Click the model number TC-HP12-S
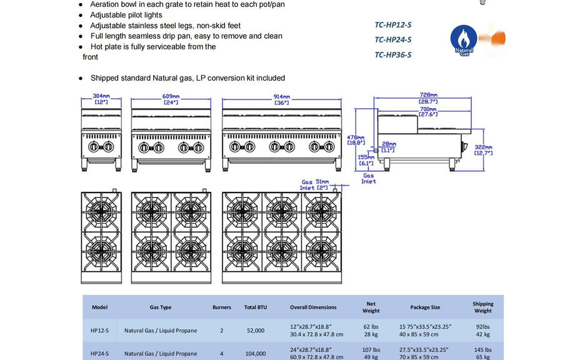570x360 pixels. click(393, 25)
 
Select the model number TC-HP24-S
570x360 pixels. click(393, 40)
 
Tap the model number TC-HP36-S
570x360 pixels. click(393, 54)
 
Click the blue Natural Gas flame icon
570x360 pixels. click(464, 40)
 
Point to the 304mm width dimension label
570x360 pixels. click(101, 99)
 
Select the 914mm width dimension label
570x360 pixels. click(282, 99)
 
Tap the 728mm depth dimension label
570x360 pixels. click(428, 97)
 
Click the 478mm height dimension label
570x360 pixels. click(356, 139)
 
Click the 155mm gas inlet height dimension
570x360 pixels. click(366, 161)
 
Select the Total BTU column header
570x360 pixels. click(255, 307)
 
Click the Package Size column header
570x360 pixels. click(425, 307)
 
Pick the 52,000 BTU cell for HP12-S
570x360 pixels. click(255, 331)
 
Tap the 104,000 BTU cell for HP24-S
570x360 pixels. click(255, 353)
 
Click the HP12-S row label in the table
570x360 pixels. click(99, 331)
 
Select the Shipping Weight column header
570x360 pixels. click(482, 307)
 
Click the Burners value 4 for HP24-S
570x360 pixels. click(221, 353)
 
